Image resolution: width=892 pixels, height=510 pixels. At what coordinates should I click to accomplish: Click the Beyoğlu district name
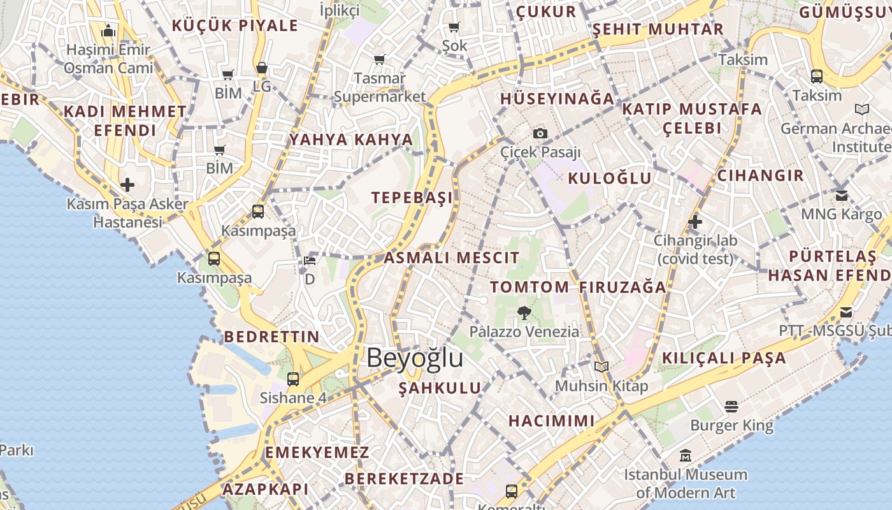(415, 358)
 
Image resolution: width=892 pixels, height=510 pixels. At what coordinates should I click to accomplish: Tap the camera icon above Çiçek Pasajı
(540, 133)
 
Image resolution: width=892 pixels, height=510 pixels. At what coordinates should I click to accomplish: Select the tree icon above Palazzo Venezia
(524, 312)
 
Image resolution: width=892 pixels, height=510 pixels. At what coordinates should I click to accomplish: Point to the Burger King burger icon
(731, 406)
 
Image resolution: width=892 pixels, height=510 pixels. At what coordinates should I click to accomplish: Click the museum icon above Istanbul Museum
(686, 455)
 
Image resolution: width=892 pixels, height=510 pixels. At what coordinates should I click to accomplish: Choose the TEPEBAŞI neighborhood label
(413, 197)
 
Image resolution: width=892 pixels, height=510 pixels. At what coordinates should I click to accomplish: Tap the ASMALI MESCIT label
(451, 258)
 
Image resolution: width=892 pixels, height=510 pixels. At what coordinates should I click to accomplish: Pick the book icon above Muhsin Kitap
(601, 367)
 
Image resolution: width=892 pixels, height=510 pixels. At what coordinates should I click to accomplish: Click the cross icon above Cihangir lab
(695, 222)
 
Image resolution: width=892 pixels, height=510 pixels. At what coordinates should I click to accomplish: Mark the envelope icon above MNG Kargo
(842, 195)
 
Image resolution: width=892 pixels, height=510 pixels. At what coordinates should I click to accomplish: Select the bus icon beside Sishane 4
(293, 379)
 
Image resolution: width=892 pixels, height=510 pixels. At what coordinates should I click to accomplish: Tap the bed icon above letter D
(310, 260)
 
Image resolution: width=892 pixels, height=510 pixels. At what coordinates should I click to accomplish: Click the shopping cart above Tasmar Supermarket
(380, 59)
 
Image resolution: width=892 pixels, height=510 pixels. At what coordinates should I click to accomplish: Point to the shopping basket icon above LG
(261, 68)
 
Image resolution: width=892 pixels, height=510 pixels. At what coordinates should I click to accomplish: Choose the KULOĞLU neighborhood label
(610, 178)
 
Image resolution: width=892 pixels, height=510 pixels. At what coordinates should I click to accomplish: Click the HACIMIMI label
(552, 421)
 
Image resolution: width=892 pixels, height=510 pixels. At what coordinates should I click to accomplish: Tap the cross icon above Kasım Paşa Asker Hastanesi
(127, 185)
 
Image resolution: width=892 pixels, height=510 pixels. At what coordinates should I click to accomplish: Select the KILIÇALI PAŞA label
(724, 358)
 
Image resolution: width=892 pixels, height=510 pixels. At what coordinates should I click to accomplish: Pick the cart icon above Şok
(454, 27)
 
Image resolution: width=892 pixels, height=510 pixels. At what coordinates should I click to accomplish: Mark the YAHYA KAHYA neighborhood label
(351, 140)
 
